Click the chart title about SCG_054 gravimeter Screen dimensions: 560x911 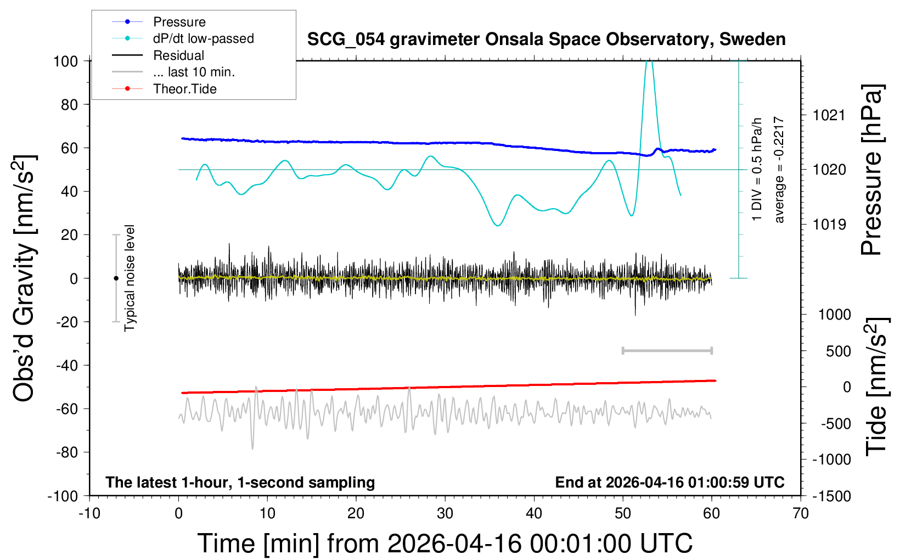546,40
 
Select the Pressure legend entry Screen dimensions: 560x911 179,22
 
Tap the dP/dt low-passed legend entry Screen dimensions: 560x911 203,38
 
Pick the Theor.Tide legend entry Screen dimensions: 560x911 184,89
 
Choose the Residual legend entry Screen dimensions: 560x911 178,55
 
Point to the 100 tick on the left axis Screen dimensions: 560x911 65,61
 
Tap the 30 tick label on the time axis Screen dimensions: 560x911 445,514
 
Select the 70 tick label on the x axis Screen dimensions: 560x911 801,514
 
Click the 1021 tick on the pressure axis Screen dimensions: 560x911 829,115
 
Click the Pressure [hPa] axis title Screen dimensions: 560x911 871,170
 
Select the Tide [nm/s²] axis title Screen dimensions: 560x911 876,387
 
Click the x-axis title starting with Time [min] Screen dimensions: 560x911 445,544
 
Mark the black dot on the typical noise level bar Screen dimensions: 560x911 116,278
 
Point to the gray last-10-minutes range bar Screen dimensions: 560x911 667,350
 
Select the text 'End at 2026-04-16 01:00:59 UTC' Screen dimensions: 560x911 670,483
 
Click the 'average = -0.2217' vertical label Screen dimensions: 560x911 779,170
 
